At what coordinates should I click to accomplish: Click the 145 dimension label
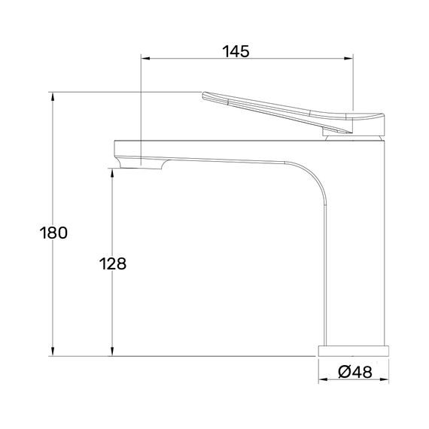[236, 51]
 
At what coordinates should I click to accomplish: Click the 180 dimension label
[53, 233]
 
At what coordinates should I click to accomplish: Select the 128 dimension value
[113, 264]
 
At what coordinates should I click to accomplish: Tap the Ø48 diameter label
[355, 372]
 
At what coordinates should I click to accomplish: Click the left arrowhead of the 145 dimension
[145, 58]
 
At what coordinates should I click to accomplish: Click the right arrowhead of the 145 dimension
[348, 58]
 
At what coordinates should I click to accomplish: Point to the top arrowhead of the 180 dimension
[53, 96]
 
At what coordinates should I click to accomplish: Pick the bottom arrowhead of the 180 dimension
[53, 351]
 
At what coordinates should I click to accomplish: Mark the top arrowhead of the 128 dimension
[112, 173]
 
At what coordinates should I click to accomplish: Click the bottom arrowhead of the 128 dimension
[112, 351]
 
